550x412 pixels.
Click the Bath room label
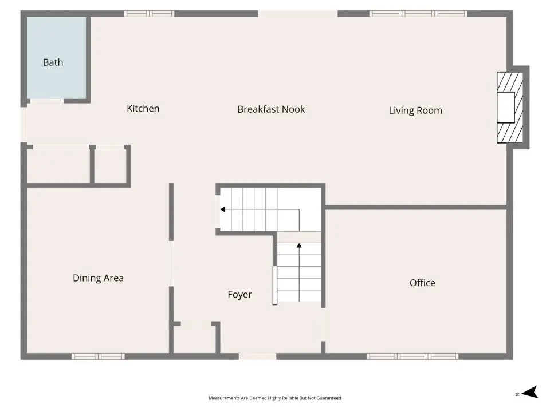pos(53,62)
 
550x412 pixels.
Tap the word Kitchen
pos(143,109)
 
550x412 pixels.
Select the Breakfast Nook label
pos(271,109)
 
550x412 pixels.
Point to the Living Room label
pos(415,110)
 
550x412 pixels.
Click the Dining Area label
pos(98,278)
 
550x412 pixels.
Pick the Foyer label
pos(239,295)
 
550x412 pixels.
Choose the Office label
pos(422,283)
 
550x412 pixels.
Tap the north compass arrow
pos(530,392)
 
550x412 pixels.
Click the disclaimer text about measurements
pos(274,398)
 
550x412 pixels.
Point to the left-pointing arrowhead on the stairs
pos(222,209)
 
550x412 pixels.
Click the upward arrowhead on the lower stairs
pos(299,245)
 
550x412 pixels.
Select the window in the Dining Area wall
pos(98,356)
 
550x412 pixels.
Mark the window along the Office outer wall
pos(412,356)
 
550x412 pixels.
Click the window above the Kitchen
pos(149,14)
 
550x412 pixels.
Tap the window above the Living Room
pos(418,14)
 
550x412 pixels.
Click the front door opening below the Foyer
pos(257,356)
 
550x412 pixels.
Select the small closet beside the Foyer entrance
pos(195,339)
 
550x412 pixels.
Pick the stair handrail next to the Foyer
pos(275,286)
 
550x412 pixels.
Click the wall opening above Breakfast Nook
pos(298,14)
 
